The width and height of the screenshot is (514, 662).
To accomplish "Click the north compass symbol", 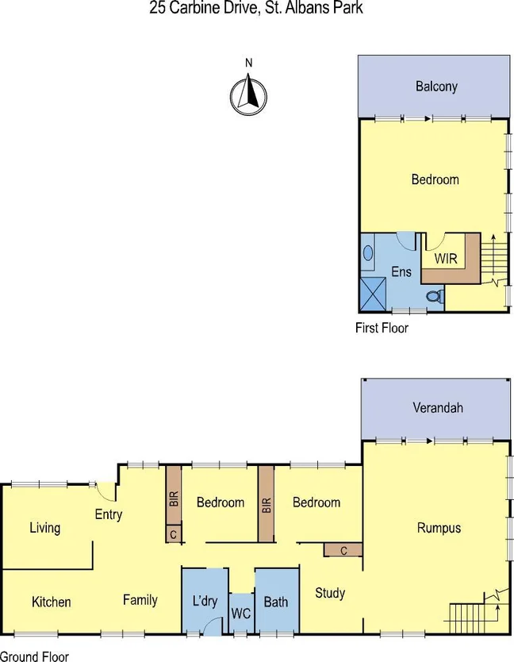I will pyautogui.click(x=247, y=94).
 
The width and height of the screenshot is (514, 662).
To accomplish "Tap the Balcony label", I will pyautogui.click(x=436, y=87).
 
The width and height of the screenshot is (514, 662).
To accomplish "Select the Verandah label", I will pyautogui.click(x=437, y=408).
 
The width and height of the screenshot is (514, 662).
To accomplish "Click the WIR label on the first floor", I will pyautogui.click(x=446, y=259).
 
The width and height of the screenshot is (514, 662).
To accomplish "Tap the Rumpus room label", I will pyautogui.click(x=439, y=528).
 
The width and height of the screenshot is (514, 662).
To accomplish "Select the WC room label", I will pyautogui.click(x=241, y=614).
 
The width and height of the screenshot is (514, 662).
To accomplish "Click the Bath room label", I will pyautogui.click(x=276, y=602).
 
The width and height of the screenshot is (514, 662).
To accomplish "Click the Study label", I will pyautogui.click(x=330, y=592).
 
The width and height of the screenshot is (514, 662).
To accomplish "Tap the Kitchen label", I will pyautogui.click(x=52, y=602).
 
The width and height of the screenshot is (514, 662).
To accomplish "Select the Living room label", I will pyautogui.click(x=44, y=528).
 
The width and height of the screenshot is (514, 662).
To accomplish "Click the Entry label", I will pyautogui.click(x=109, y=514).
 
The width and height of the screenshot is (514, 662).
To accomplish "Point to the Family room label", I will pyautogui.click(x=140, y=600).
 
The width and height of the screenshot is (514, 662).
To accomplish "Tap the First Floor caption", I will pyautogui.click(x=382, y=327).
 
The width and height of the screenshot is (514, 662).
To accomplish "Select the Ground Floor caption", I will pyautogui.click(x=34, y=656).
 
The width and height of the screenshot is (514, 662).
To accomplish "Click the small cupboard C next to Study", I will pyautogui.click(x=343, y=550).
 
